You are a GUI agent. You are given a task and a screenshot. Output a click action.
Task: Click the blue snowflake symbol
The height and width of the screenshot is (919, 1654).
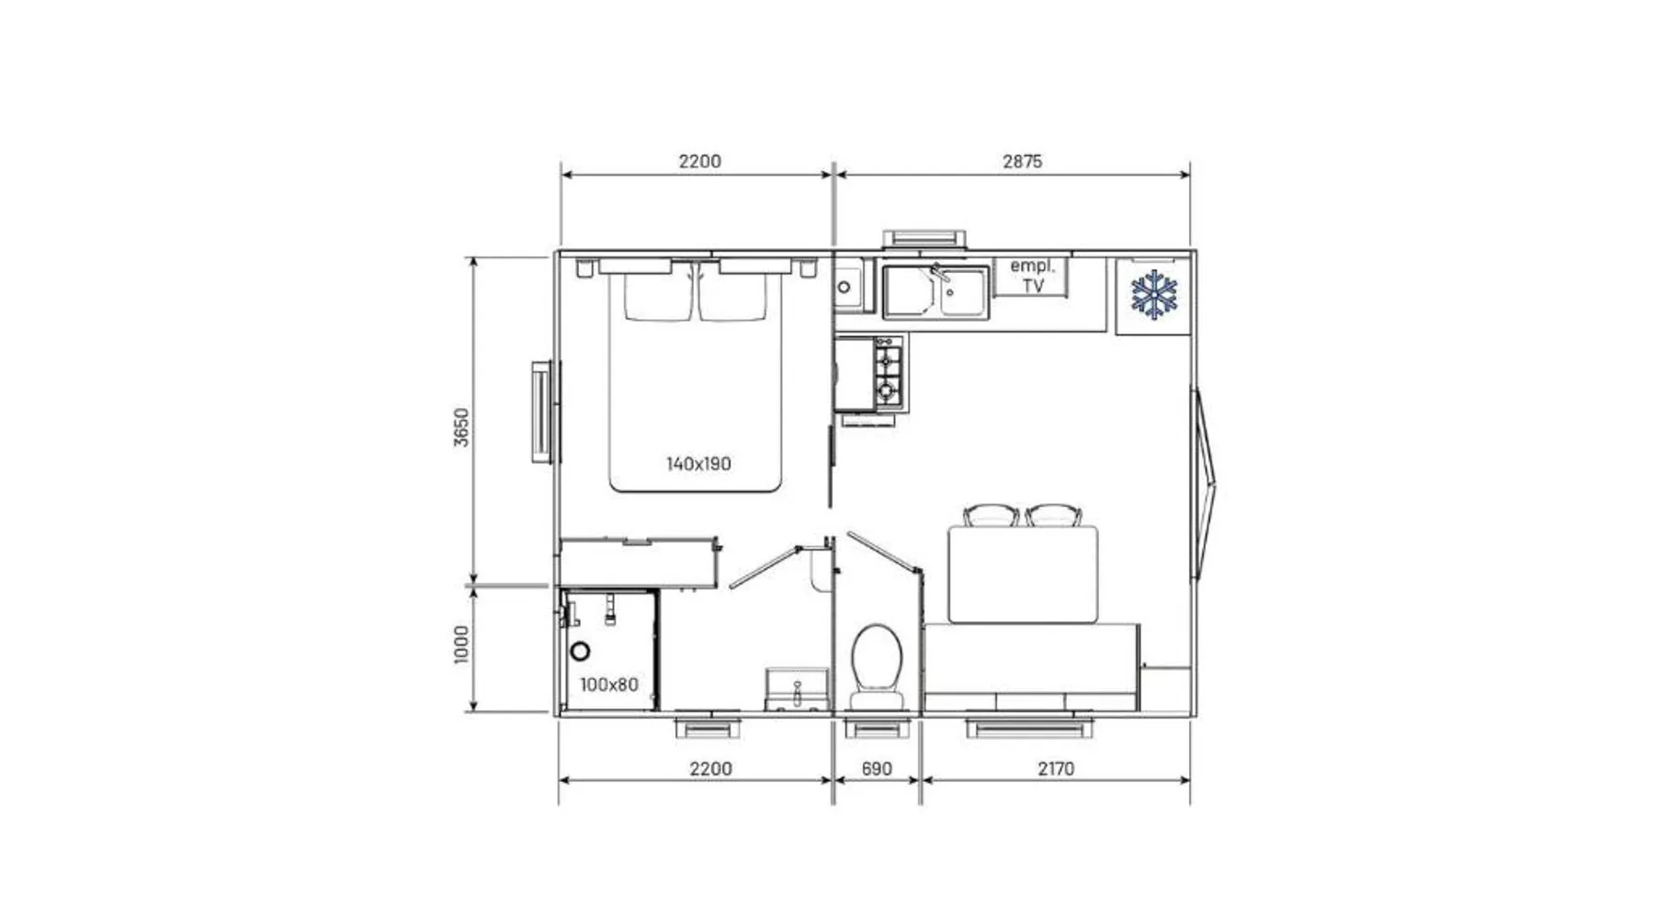1153,295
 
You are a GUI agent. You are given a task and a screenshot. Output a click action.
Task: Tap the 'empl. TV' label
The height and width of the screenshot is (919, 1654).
1033,276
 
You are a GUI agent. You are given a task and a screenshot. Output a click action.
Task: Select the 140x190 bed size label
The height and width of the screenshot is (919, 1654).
698,464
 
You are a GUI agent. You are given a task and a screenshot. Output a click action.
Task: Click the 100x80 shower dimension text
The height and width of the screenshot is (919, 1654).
608,685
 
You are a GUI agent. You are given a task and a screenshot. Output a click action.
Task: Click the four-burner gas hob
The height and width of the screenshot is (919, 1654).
888,373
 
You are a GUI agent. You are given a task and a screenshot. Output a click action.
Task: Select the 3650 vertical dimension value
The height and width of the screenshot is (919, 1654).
461,427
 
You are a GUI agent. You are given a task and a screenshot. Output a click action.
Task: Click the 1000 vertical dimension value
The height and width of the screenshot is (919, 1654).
461,644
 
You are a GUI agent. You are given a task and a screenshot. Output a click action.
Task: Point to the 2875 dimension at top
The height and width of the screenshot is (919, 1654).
1022,162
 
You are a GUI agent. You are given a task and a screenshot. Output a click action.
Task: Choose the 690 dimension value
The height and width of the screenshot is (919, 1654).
877,769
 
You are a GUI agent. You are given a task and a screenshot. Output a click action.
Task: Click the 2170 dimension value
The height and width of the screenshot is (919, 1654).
1056,769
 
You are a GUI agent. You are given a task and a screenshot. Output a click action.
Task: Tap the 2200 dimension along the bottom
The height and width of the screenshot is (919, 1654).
710,769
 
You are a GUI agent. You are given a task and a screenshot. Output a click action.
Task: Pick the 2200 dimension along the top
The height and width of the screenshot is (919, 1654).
699,162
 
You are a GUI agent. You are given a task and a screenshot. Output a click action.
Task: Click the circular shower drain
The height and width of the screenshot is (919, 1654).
580,652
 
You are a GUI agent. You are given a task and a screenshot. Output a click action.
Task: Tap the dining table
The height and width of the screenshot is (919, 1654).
1023,574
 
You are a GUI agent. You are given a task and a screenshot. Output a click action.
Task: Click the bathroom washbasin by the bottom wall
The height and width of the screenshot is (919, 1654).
797,689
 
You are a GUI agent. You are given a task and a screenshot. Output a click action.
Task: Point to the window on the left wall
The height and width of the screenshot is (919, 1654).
544,412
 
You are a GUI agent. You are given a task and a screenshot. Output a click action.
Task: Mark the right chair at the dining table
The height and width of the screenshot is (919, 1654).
1053,515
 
